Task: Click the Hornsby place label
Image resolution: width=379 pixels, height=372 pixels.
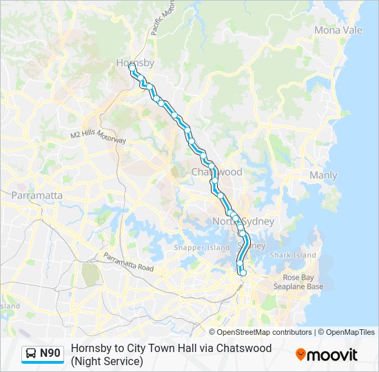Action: pos(134,63)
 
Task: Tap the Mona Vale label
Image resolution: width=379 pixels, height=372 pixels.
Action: pos(338,30)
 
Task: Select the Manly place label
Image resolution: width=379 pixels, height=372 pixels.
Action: pos(323,176)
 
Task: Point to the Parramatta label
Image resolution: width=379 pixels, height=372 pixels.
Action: pos(37,196)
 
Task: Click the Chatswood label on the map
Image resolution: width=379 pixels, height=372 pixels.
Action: pos(217,172)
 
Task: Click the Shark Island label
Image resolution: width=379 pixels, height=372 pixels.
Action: pos(293,255)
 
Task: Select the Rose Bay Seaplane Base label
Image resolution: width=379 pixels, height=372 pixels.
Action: pos(298,282)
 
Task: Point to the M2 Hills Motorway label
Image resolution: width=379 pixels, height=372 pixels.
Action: pos(99,136)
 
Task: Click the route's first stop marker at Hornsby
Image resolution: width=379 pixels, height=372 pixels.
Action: pos(131,67)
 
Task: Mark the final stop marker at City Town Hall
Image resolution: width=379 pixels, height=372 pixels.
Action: pos(243,273)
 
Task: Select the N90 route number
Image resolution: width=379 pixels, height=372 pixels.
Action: pos(50,354)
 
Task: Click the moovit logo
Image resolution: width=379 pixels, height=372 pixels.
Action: pos(327,355)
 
